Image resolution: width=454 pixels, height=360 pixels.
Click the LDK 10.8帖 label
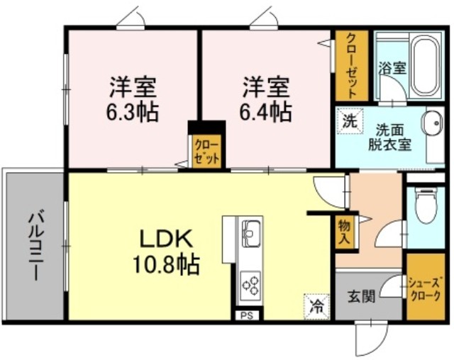166,252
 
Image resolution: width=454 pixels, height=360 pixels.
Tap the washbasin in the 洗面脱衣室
433,123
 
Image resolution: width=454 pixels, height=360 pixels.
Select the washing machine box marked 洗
350,120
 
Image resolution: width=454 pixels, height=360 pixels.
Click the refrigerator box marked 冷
317,307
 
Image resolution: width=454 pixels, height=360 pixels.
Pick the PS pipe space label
247,315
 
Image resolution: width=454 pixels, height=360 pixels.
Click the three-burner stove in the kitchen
250,285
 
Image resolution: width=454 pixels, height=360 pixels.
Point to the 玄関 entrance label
361,296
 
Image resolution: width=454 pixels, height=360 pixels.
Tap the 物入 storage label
345,232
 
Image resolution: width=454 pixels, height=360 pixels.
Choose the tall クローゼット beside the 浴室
352,66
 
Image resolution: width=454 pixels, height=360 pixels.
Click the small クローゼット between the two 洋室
206,152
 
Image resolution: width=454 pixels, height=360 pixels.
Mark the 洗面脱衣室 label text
389,137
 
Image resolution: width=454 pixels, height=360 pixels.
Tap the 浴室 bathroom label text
392,68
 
